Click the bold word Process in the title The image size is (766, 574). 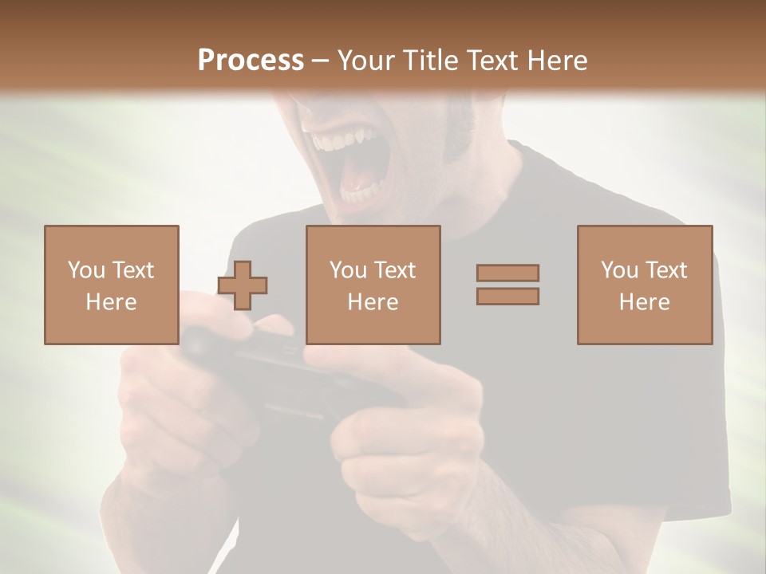tap(251, 61)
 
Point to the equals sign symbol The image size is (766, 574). tap(507, 285)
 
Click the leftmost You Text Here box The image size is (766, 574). tap(112, 285)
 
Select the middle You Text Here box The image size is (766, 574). tap(373, 285)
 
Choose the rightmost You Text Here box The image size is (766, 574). tap(645, 285)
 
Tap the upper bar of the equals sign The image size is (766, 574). tap(507, 273)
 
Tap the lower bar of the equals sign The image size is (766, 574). tap(507, 297)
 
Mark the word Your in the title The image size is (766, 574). tap(363, 61)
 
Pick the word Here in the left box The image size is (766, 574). tap(112, 302)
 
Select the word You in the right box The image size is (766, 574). tap(619, 270)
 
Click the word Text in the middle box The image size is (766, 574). tap(395, 270)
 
